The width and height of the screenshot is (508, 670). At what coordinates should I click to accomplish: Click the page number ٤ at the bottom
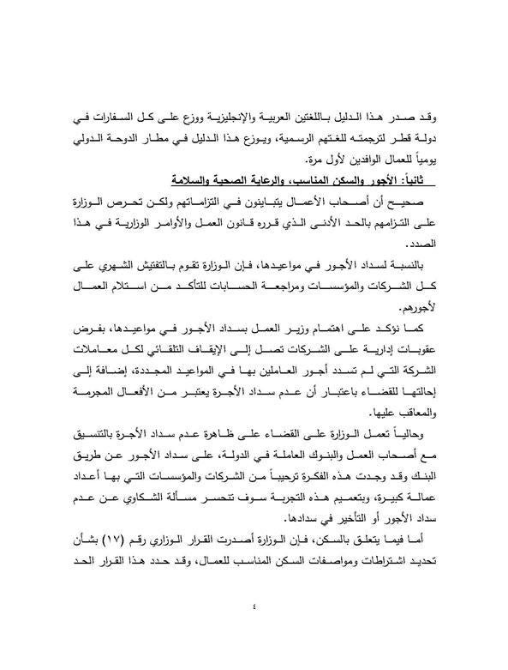(254, 607)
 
